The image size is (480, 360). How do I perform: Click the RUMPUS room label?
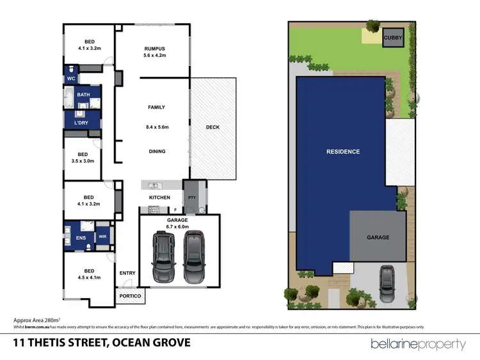pos(154,49)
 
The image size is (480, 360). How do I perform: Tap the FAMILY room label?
pos(157,107)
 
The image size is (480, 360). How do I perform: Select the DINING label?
pos(157,152)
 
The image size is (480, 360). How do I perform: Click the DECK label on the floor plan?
pos(212,127)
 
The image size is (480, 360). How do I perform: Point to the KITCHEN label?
pos(159,198)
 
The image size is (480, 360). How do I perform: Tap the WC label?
pos(71,79)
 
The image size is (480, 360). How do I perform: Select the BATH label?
pos(84,95)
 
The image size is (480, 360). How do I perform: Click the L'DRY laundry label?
pos(81,123)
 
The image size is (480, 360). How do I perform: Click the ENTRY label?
pos(127,273)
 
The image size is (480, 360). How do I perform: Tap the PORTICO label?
pos(131,297)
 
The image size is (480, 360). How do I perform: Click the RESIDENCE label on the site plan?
pos(343,152)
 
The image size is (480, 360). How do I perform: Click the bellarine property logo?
pos(418,344)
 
